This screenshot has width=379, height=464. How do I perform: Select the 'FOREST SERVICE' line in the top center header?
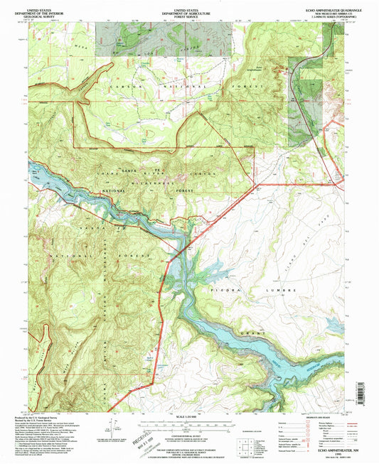point(188,14)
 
